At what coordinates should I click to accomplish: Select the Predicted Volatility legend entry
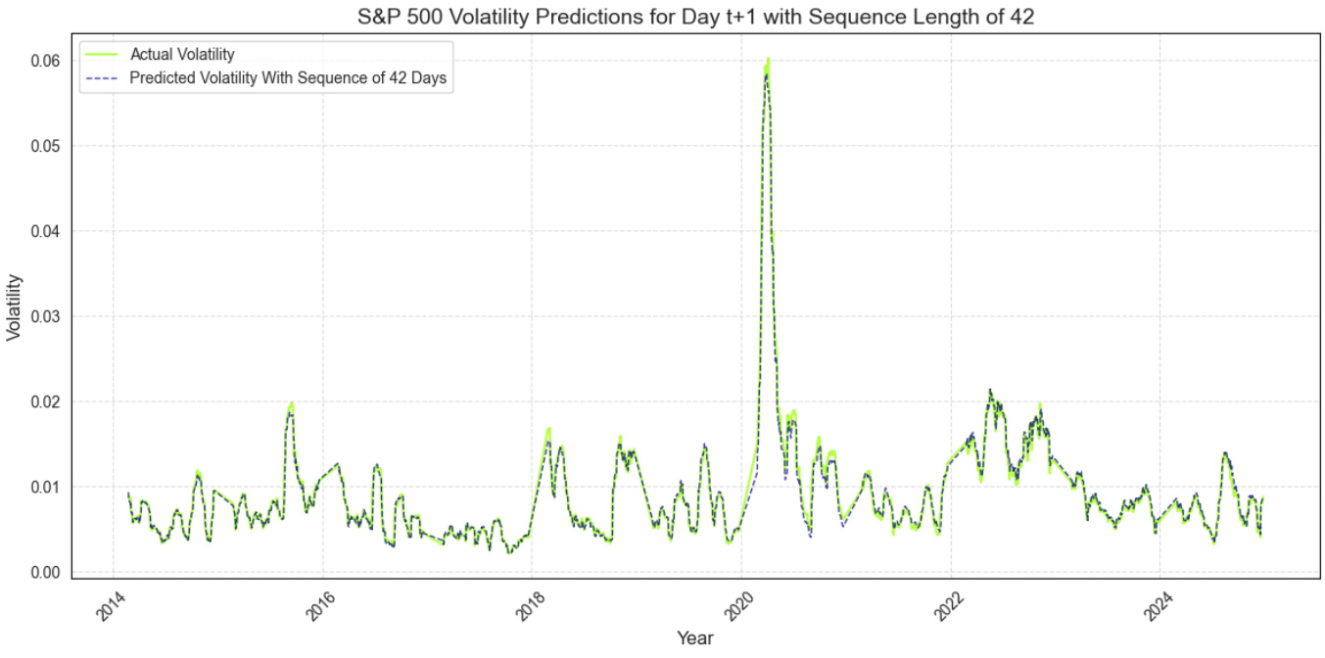[289, 80]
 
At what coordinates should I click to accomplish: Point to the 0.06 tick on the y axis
[45, 61]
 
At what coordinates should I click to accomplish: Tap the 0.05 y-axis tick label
[45, 146]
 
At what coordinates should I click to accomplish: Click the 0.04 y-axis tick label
[45, 231]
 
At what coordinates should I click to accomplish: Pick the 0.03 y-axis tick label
[45, 316]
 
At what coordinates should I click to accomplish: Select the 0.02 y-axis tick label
[45, 401]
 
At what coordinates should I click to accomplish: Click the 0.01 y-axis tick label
[45, 487]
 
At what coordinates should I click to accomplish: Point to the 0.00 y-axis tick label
[45, 572]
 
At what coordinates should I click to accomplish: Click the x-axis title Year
[694, 638]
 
